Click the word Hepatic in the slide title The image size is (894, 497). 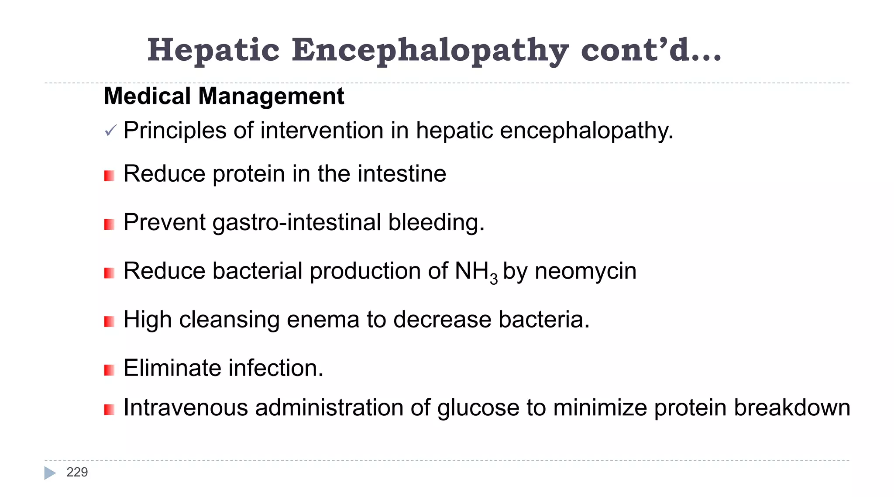pos(213,50)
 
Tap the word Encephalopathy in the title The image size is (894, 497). pos(430,50)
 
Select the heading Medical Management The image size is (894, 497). pos(224,96)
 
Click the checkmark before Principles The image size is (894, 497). pos(110,131)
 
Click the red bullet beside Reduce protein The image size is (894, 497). pos(109,176)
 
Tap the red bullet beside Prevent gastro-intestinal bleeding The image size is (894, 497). pos(109,224)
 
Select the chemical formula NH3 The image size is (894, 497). pos(476,272)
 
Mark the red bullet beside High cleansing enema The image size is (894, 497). pos(109,322)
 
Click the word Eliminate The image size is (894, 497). pos(172,368)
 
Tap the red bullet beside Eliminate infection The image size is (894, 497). pos(109,370)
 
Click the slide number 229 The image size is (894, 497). pos(77,472)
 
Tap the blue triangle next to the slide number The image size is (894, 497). pos(50,473)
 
